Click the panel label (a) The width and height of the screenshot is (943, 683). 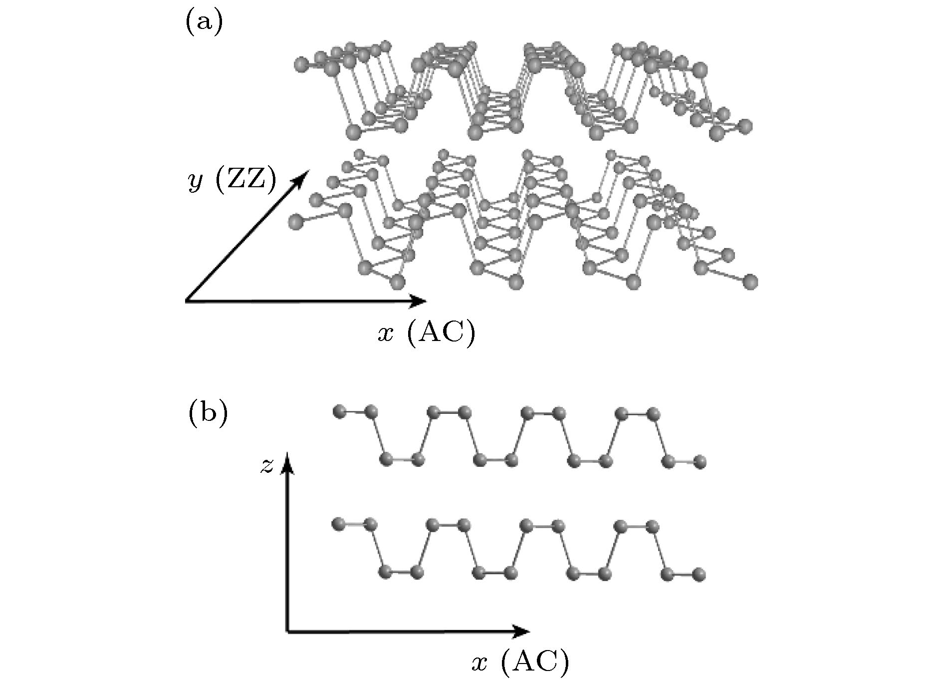click(x=204, y=23)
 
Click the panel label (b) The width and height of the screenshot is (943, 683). click(x=208, y=414)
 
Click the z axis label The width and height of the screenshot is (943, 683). click(x=267, y=466)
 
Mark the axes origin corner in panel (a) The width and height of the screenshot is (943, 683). click(x=187, y=301)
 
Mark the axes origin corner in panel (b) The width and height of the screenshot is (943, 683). click(x=287, y=632)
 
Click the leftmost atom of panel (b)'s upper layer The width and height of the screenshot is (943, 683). click(x=339, y=412)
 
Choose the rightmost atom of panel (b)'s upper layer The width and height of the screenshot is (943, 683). click(x=700, y=461)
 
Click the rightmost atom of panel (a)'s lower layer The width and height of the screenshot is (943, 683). click(x=750, y=282)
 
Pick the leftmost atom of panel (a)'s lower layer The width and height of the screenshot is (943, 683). click(x=296, y=220)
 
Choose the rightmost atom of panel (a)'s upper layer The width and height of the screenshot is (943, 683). click(x=745, y=126)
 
